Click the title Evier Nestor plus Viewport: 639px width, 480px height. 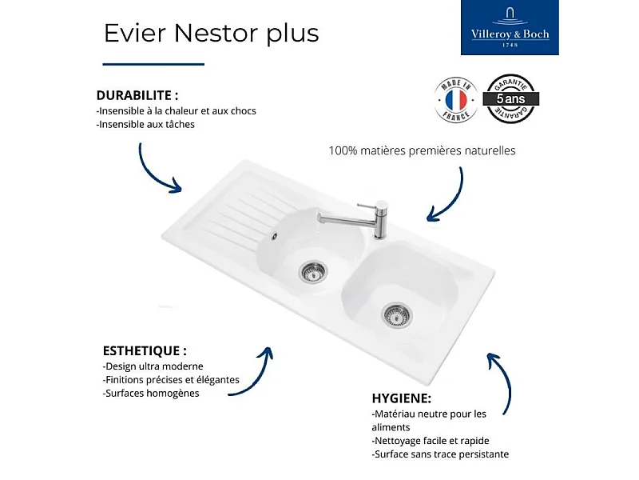212,34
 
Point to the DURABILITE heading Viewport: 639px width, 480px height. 137,95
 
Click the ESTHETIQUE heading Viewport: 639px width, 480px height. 145,350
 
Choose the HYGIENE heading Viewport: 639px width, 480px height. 402,398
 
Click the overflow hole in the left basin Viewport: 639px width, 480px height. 274,237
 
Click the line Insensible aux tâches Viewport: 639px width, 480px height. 145,124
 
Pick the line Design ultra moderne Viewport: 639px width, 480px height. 153,366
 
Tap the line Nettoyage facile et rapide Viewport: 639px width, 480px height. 431,441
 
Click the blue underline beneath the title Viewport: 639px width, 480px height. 154,64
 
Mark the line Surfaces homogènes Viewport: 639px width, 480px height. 152,393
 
